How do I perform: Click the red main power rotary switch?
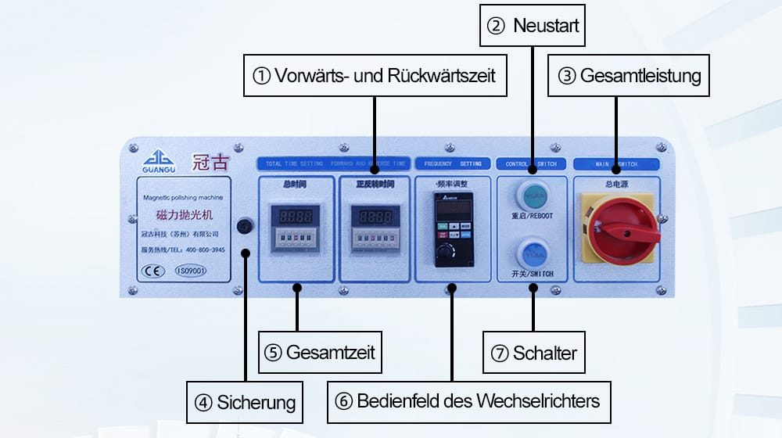pyautogui.click(x=623, y=229)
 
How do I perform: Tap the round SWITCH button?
pyautogui.click(x=533, y=254)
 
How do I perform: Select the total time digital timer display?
pyautogui.click(x=294, y=216)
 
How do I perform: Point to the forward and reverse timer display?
pyautogui.click(x=370, y=216)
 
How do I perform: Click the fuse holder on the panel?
pyautogui.click(x=245, y=227)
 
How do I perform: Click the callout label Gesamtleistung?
pyautogui.click(x=629, y=76)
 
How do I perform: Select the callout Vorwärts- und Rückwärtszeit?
pyautogui.click(x=375, y=76)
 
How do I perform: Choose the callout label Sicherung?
pyautogui.click(x=245, y=403)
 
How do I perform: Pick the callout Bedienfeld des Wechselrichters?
pyautogui.click(x=468, y=402)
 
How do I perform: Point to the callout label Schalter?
pyautogui.click(x=533, y=353)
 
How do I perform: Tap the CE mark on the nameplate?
pyautogui.click(x=151, y=271)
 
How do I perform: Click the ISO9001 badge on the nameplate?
pyautogui.click(x=189, y=271)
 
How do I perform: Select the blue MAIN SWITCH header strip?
pyautogui.click(x=616, y=164)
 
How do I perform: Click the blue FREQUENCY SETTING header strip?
pyautogui.click(x=452, y=164)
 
